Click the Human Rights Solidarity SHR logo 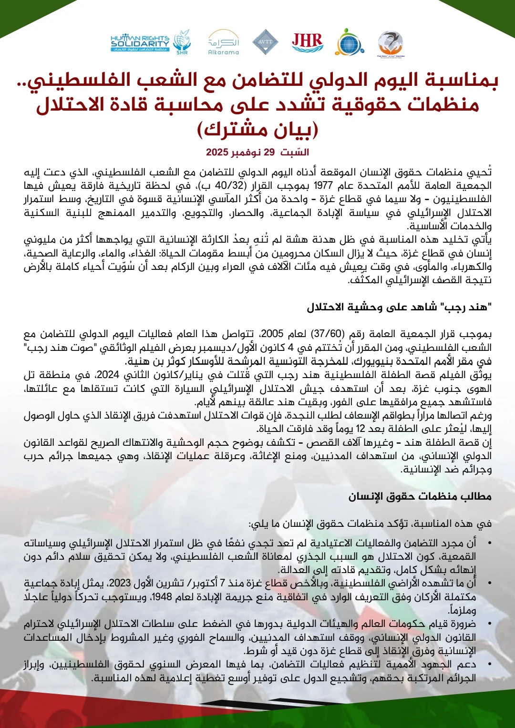click(x=151, y=43)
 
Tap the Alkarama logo click(x=224, y=43)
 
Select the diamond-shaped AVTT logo click(x=265, y=42)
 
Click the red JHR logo click(x=308, y=42)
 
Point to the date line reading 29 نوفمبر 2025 click(x=257, y=153)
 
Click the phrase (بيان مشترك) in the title click(x=257, y=129)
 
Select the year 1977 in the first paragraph click(x=323, y=185)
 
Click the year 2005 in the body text click(x=272, y=334)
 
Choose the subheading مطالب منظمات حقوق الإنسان click(x=420, y=497)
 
